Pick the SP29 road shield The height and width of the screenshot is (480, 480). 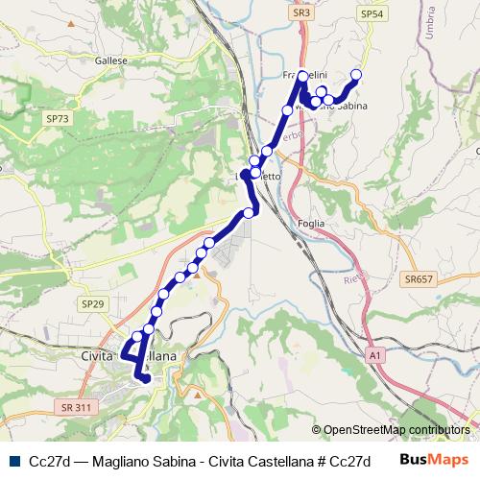pyautogui.click(x=92, y=303)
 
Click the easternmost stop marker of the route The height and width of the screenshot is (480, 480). pyautogui.click(x=356, y=75)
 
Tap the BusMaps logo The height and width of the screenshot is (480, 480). pyautogui.click(x=432, y=460)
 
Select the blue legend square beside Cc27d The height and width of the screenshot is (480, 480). pyautogui.click(x=16, y=460)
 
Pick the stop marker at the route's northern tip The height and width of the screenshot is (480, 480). pyautogui.click(x=303, y=75)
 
